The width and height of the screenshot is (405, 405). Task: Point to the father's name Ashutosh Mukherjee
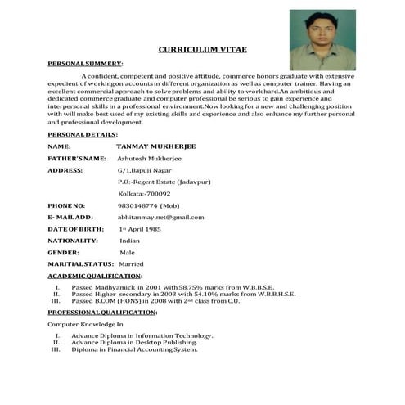153,158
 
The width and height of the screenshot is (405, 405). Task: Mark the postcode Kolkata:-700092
144,193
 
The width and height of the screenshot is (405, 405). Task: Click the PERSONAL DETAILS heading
82,133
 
